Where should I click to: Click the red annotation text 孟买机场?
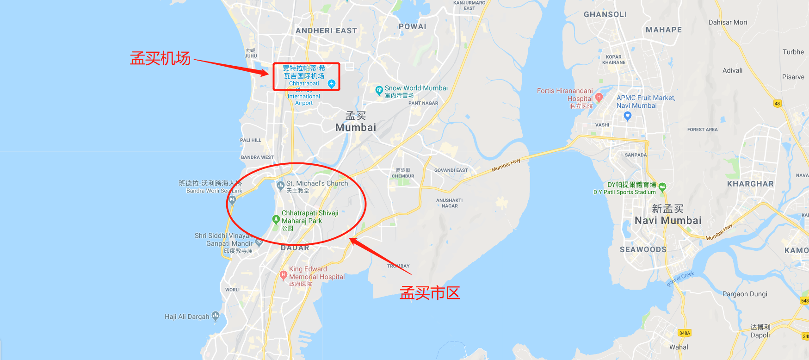160,59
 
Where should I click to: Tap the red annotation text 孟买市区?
430,293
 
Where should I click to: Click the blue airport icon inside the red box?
331,84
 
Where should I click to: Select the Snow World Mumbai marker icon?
379,89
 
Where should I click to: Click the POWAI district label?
413,26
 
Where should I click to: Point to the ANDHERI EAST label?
326,31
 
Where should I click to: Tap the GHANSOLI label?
605,14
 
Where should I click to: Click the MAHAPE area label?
664,30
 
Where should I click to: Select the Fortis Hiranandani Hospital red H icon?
599,97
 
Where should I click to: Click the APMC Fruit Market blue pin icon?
627,116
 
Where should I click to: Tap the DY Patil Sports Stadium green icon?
662,187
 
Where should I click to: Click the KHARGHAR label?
750,184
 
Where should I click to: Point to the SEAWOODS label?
643,249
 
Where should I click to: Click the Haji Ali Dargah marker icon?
216,316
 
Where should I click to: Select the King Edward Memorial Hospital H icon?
284,274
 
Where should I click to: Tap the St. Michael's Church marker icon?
280,186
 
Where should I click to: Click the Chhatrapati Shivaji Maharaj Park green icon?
276,219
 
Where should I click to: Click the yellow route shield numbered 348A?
685,333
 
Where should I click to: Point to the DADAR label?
295,248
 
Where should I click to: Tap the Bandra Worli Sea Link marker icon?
232,199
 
